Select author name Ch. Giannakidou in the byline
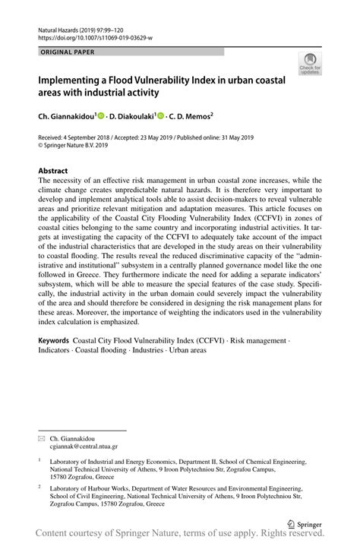pos(66,117)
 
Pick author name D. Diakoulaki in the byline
pos(130,117)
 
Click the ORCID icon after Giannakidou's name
pos(100,117)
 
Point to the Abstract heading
pos(53,171)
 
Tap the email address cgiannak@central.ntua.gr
pos(84,447)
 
